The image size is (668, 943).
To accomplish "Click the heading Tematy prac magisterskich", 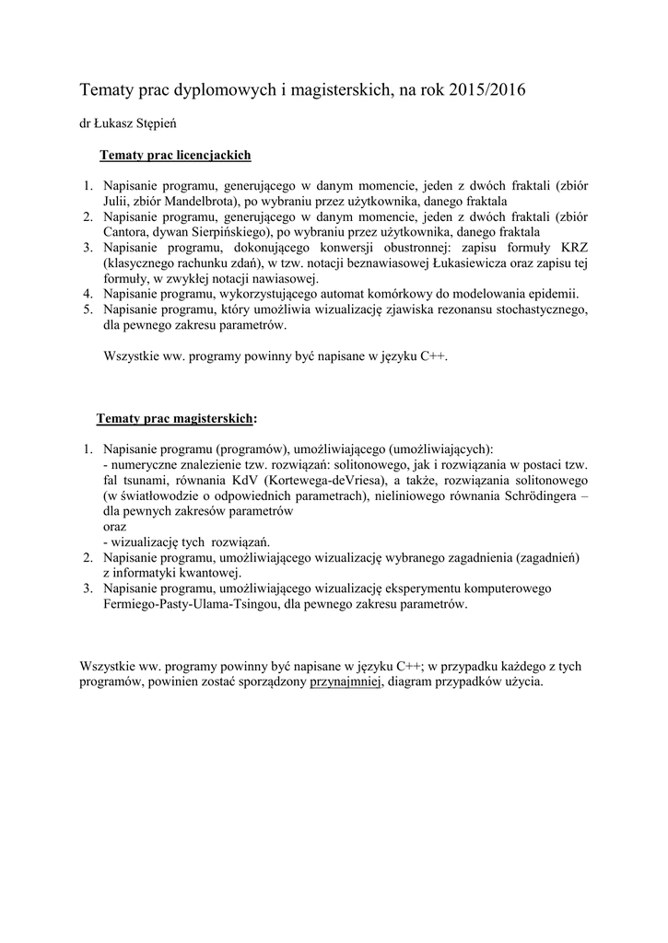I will coord(174,419).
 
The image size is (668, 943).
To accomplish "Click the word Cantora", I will coord(126,232).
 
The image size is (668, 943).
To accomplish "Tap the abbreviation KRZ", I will coord(572,248).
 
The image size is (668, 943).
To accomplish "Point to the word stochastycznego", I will coord(537,310).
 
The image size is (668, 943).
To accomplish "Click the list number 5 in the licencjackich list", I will coord(87,310).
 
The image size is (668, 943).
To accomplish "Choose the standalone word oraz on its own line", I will coord(116,527).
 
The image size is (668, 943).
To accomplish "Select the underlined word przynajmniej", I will coord(346,682).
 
